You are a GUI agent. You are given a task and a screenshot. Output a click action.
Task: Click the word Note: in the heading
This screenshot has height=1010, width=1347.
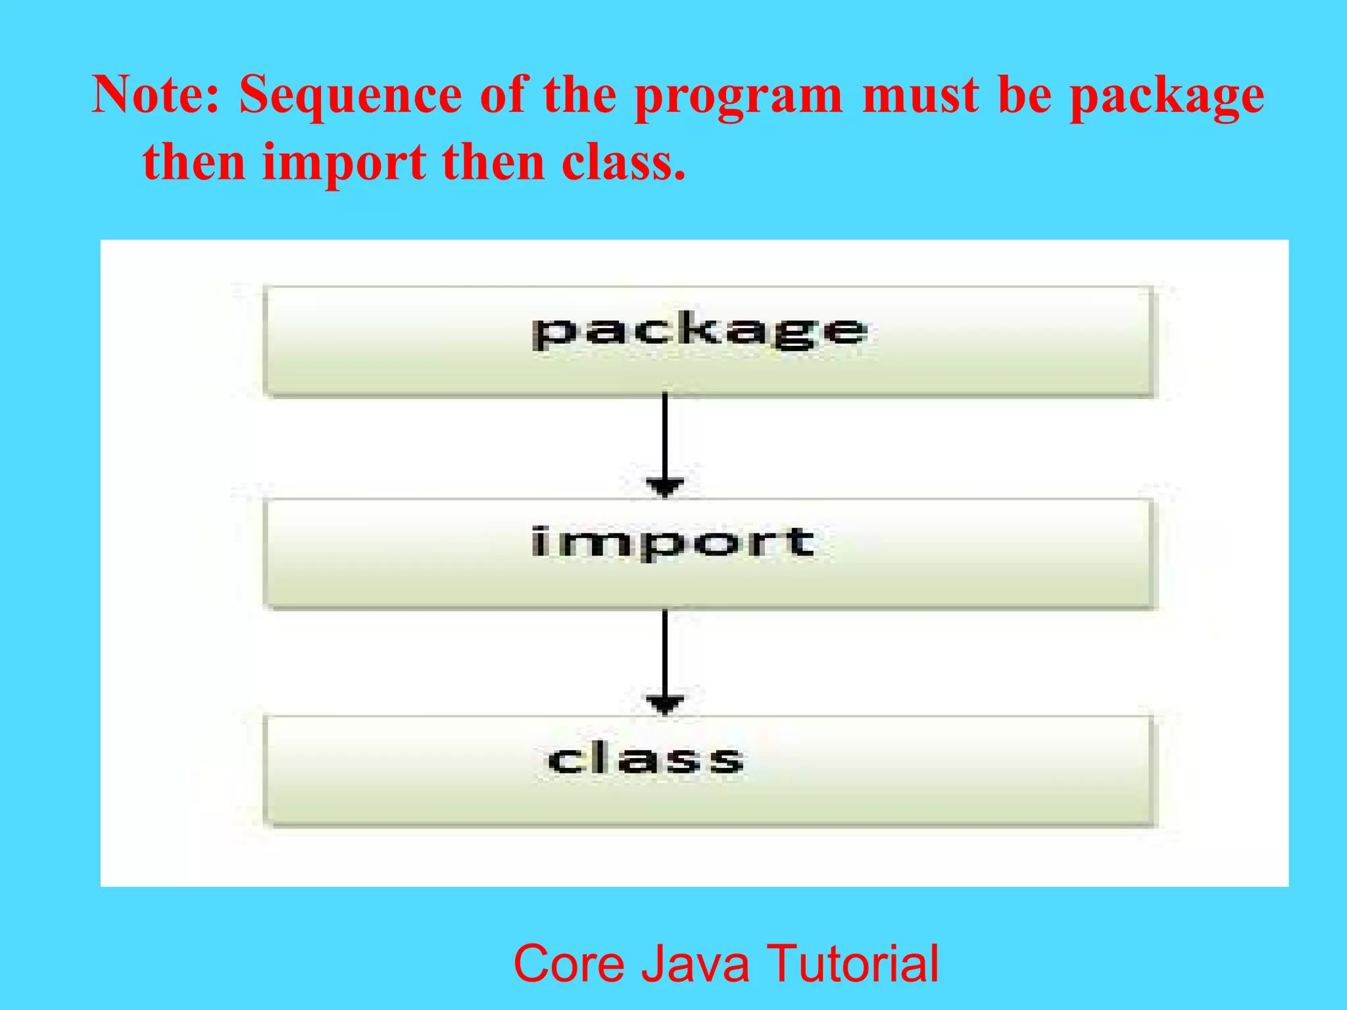[155, 95]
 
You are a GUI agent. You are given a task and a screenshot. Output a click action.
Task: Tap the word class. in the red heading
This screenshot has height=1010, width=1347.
[624, 163]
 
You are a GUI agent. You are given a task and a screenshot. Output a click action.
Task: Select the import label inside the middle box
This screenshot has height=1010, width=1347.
[673, 543]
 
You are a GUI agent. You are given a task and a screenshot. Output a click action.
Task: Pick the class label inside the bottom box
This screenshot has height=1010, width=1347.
[646, 759]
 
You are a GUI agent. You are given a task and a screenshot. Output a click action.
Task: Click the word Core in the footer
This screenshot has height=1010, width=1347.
[568, 964]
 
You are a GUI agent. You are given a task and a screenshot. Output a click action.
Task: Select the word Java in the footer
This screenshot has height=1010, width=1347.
[695, 964]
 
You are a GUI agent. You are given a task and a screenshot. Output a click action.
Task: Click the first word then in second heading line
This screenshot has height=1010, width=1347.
[194, 163]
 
